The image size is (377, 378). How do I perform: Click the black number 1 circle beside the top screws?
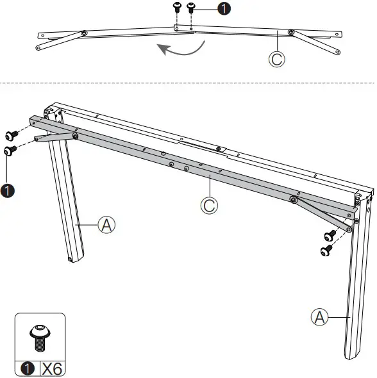tap(222, 10)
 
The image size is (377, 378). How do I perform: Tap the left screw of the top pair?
tap(178, 8)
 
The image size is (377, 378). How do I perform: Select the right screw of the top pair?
tap(190, 8)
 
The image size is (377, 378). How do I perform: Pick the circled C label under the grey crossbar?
tap(208, 206)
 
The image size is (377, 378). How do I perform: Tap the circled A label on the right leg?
tap(319, 316)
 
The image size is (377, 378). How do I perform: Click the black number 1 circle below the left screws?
tap(8, 192)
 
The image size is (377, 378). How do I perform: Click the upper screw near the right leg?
tap(330, 235)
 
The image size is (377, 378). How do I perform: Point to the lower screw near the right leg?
tap(326, 249)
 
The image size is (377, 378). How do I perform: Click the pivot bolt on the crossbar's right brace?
tap(293, 200)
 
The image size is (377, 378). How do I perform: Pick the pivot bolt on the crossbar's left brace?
tap(76, 135)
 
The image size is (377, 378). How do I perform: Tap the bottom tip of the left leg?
tap(71, 259)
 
